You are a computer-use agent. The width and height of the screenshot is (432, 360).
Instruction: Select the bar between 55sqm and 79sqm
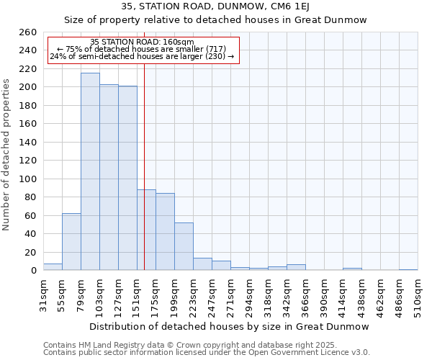click(x=71, y=242)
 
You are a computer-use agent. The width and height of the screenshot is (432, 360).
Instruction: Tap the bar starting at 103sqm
click(x=109, y=177)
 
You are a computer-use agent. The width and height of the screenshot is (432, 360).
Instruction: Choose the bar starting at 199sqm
click(x=184, y=246)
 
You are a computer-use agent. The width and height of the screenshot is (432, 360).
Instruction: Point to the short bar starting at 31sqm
click(x=53, y=267)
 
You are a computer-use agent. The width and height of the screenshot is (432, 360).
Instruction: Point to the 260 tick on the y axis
click(x=28, y=32)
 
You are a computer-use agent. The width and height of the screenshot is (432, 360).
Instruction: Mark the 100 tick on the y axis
click(x=28, y=179)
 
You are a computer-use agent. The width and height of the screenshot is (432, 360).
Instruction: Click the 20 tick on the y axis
click(x=31, y=252)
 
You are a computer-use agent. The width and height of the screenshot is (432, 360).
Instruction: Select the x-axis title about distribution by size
click(x=229, y=326)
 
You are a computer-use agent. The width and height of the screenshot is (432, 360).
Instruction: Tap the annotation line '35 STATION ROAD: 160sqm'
click(x=143, y=42)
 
